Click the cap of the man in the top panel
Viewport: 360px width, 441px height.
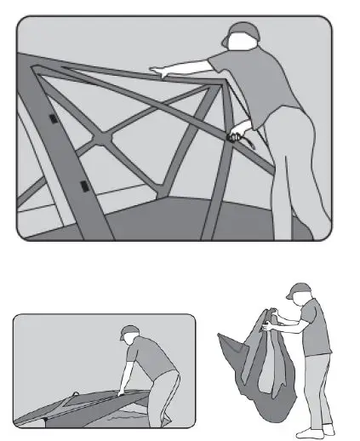[x=240, y=31]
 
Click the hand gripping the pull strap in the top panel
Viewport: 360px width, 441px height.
[x=236, y=133]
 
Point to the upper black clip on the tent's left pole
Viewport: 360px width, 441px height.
[x=54, y=119]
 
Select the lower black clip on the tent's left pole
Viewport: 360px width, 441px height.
[x=83, y=185]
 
